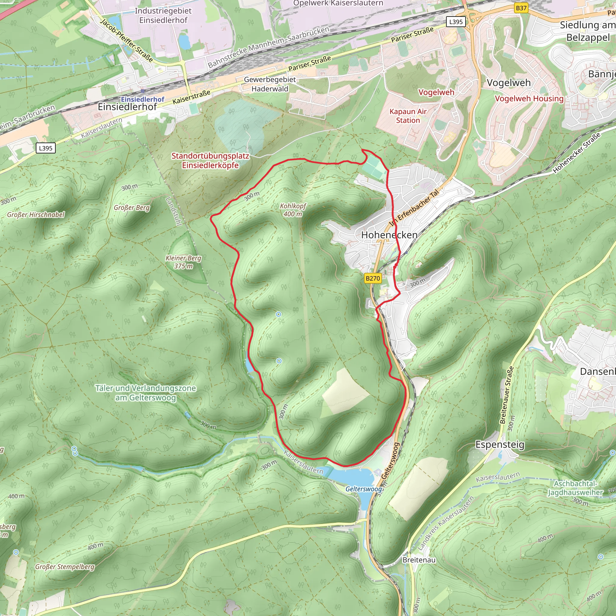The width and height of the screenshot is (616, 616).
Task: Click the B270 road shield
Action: pyautogui.click(x=373, y=278)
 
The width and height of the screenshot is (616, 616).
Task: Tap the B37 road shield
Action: pyautogui.click(x=521, y=8)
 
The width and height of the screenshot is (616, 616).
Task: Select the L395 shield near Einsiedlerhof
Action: pyautogui.click(x=46, y=148)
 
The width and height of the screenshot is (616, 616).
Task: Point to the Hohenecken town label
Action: pyautogui.click(x=389, y=235)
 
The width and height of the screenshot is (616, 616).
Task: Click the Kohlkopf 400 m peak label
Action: pyautogui.click(x=293, y=210)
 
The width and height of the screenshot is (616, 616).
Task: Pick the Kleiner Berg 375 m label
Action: pyautogui.click(x=183, y=262)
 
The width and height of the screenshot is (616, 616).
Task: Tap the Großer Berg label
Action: pyautogui.click(x=132, y=208)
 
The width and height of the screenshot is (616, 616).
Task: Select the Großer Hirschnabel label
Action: pyautogui.click(x=36, y=214)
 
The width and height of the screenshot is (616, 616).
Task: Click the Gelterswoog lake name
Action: pyautogui.click(x=363, y=489)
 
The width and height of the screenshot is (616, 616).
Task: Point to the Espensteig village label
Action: pyautogui.click(x=500, y=445)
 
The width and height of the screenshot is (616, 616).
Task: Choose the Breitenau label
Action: pyautogui.click(x=419, y=560)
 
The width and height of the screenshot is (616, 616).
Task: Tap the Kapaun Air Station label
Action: pyautogui.click(x=408, y=116)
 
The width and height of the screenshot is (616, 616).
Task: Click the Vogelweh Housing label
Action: pyautogui.click(x=529, y=99)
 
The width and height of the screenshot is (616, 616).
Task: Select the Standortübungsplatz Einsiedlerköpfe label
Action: pyautogui.click(x=210, y=160)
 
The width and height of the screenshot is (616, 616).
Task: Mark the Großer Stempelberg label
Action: pyautogui.click(x=65, y=567)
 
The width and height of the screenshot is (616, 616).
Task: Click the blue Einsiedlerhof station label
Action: pyautogui.click(x=143, y=99)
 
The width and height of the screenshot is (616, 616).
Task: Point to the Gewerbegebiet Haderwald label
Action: pyautogui.click(x=270, y=84)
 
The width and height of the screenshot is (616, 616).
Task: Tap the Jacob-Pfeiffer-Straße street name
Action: pyautogui.click(x=127, y=40)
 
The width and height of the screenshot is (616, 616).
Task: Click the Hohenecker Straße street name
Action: pyautogui.click(x=577, y=153)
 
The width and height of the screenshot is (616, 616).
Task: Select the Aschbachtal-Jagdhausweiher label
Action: pyautogui.click(x=575, y=488)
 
